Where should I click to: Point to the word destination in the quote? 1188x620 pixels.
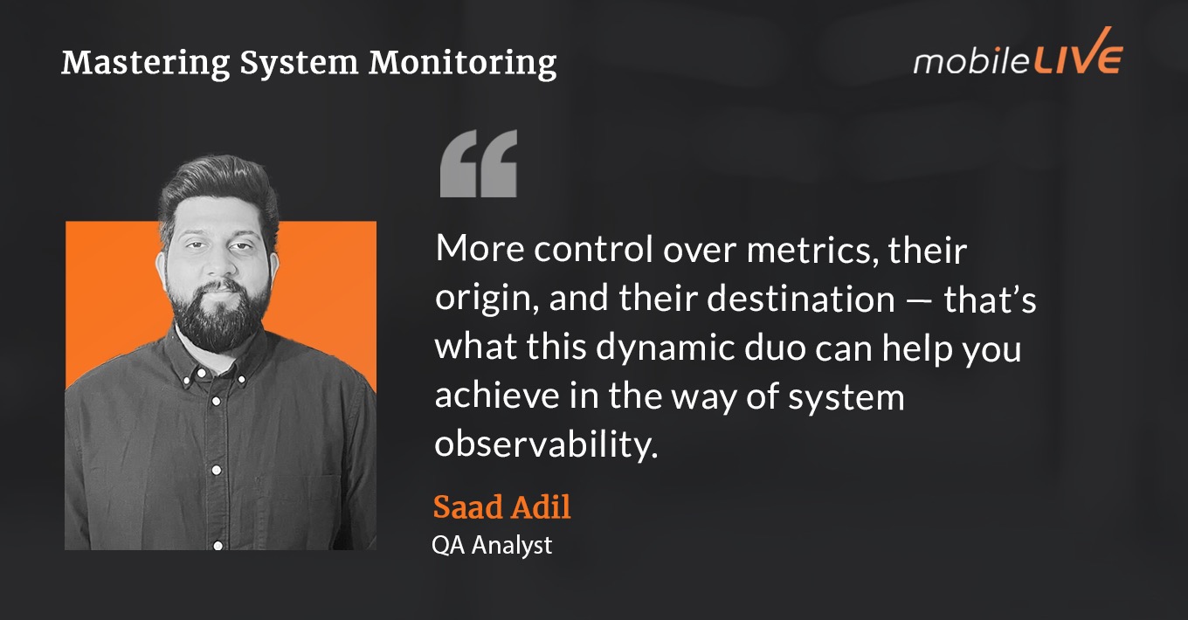tap(800, 300)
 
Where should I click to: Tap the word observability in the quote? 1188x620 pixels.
tap(545, 445)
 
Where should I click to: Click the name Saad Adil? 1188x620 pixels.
tap(501, 506)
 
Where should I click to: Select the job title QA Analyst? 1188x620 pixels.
tap(492, 545)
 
